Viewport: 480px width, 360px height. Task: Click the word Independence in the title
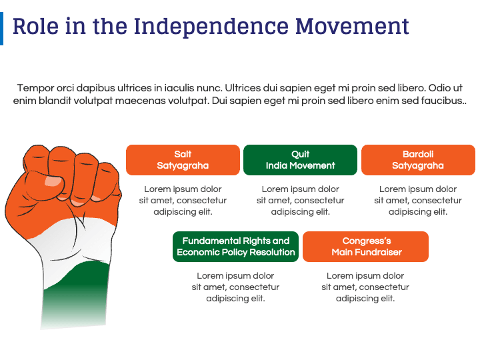(211, 27)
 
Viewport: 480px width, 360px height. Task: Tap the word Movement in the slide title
(352, 26)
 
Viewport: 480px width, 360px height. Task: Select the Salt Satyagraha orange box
(183, 160)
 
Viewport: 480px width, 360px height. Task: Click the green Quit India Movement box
(300, 160)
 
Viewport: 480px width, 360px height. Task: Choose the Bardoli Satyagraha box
(418, 160)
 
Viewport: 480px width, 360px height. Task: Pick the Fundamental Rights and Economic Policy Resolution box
(236, 247)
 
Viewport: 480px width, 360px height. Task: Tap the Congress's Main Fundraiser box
(365, 247)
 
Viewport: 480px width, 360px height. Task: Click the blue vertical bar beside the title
(1, 29)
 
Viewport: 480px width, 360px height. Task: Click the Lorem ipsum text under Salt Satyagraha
(183, 201)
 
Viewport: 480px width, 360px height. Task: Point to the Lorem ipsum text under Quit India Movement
(300, 201)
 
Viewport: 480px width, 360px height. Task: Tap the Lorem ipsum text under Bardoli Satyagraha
(418, 201)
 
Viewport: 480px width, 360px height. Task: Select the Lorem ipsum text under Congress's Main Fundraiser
(365, 287)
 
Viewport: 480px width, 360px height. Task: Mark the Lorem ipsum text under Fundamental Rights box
(236, 287)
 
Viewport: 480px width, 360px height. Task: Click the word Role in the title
(35, 26)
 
